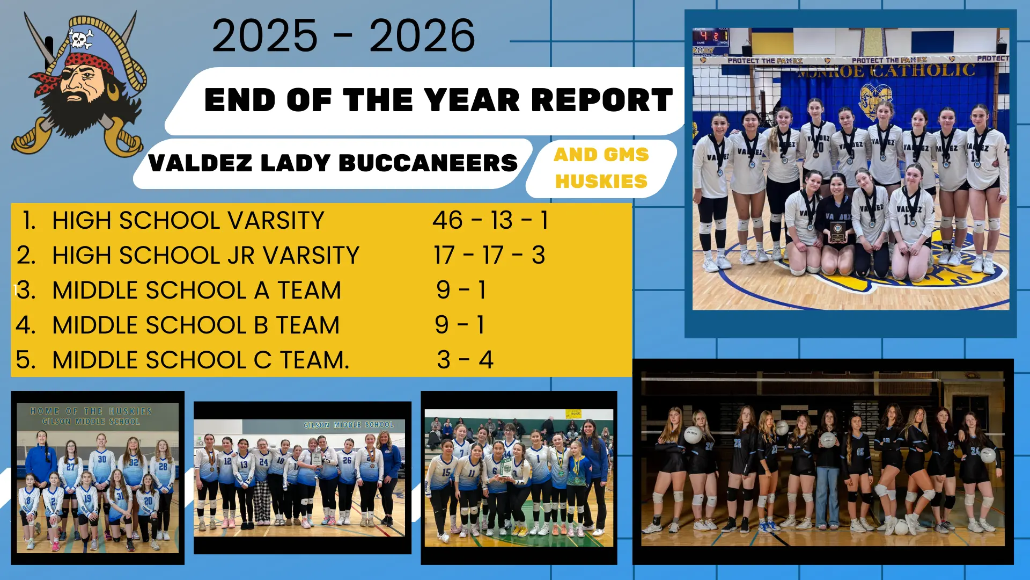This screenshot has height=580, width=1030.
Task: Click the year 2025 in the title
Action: (x=265, y=36)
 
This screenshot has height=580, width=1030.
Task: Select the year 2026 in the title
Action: (x=422, y=36)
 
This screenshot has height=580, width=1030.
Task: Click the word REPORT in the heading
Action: (x=602, y=100)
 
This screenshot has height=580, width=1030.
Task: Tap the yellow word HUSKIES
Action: (x=601, y=182)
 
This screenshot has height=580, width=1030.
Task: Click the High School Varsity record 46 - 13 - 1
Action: (x=490, y=220)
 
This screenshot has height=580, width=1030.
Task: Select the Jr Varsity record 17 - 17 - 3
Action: (x=489, y=255)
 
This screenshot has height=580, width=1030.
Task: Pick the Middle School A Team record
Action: (x=461, y=290)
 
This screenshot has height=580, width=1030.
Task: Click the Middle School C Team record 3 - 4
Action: (x=465, y=360)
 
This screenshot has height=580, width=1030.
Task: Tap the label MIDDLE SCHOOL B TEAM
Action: (x=196, y=325)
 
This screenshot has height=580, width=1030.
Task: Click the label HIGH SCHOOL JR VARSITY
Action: (x=205, y=255)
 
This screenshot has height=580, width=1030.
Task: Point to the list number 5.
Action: (x=26, y=360)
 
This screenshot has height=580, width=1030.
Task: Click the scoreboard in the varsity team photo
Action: (x=711, y=37)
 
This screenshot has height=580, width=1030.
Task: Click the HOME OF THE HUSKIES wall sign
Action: (x=91, y=411)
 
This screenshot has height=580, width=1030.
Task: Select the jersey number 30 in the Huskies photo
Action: (x=102, y=459)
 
